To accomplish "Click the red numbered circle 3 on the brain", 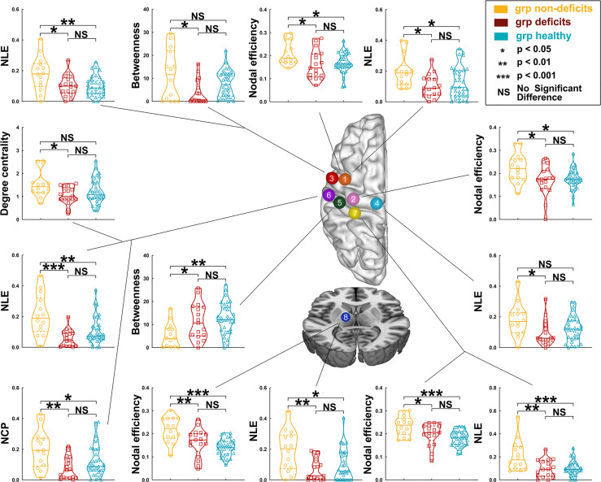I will [331, 178].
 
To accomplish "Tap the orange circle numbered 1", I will [345, 178].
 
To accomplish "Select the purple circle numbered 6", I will [327, 195].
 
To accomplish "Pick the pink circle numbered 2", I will [353, 199].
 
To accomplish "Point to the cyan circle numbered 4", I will [338, 202].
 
